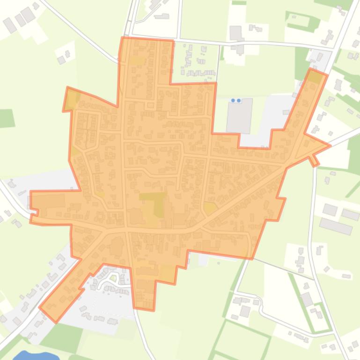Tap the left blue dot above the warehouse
234,100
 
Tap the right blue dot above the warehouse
239,100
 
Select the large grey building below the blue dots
239,115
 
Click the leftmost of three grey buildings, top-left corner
9,25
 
